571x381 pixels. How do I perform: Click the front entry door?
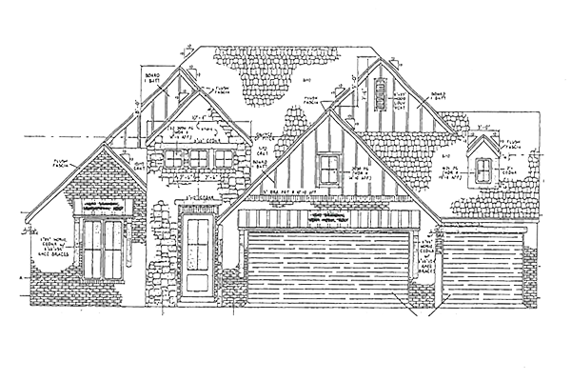(x=199, y=252)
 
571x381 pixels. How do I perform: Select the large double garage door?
(x=328, y=268)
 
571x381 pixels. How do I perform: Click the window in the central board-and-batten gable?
(x=328, y=170)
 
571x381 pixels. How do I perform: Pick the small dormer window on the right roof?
(x=484, y=170)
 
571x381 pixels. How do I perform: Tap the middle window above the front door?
(x=198, y=158)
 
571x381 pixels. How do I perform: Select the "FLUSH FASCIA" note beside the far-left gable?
(x=63, y=165)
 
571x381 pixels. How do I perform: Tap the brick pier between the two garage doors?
(x=423, y=271)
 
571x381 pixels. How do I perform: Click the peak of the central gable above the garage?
(x=327, y=111)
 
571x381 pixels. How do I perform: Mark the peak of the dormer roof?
(x=484, y=136)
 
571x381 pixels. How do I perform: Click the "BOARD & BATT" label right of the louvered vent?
(x=440, y=95)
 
